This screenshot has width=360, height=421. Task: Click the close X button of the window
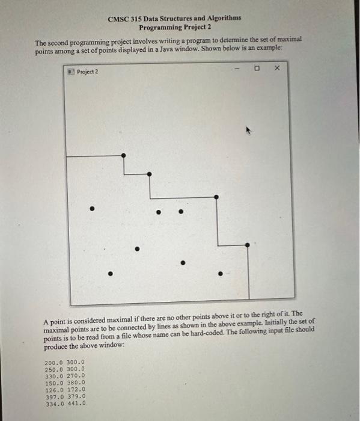coord(276,69)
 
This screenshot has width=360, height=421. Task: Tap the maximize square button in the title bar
coord(257,69)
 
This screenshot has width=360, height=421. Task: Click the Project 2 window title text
coord(88,72)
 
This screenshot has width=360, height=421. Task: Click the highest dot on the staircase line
coord(124,155)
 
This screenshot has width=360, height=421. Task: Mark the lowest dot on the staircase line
coord(248,245)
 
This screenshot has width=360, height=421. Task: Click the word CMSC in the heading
coord(117,19)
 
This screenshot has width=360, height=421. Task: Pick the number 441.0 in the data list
coord(76,404)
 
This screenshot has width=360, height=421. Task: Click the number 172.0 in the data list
coord(76,390)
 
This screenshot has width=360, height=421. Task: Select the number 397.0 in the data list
coord(55,397)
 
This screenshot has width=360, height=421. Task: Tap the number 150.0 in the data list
coord(55,383)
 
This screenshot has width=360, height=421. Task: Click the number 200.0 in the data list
coord(55,362)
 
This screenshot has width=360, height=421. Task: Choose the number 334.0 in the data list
coord(55,404)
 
